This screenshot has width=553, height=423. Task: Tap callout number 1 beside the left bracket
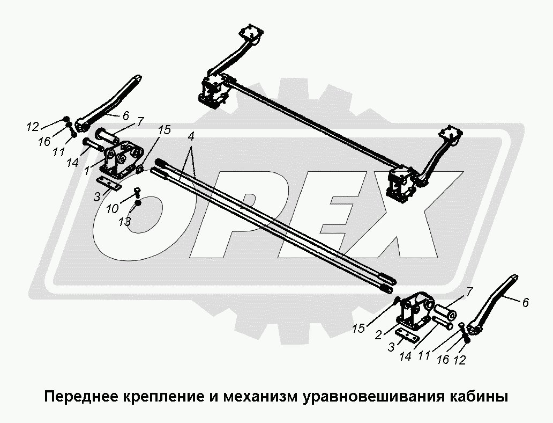87,171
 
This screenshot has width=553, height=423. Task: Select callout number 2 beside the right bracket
378,335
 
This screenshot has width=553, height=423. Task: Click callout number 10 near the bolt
112,209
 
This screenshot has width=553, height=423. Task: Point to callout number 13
125,222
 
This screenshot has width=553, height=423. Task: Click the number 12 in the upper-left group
33,127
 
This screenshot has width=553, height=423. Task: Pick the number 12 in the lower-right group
460,360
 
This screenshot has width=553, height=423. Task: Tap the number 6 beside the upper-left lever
126,115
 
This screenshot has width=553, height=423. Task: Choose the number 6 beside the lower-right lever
526,303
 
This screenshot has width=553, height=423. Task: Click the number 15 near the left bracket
165,130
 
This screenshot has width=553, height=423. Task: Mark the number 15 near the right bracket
358,329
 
